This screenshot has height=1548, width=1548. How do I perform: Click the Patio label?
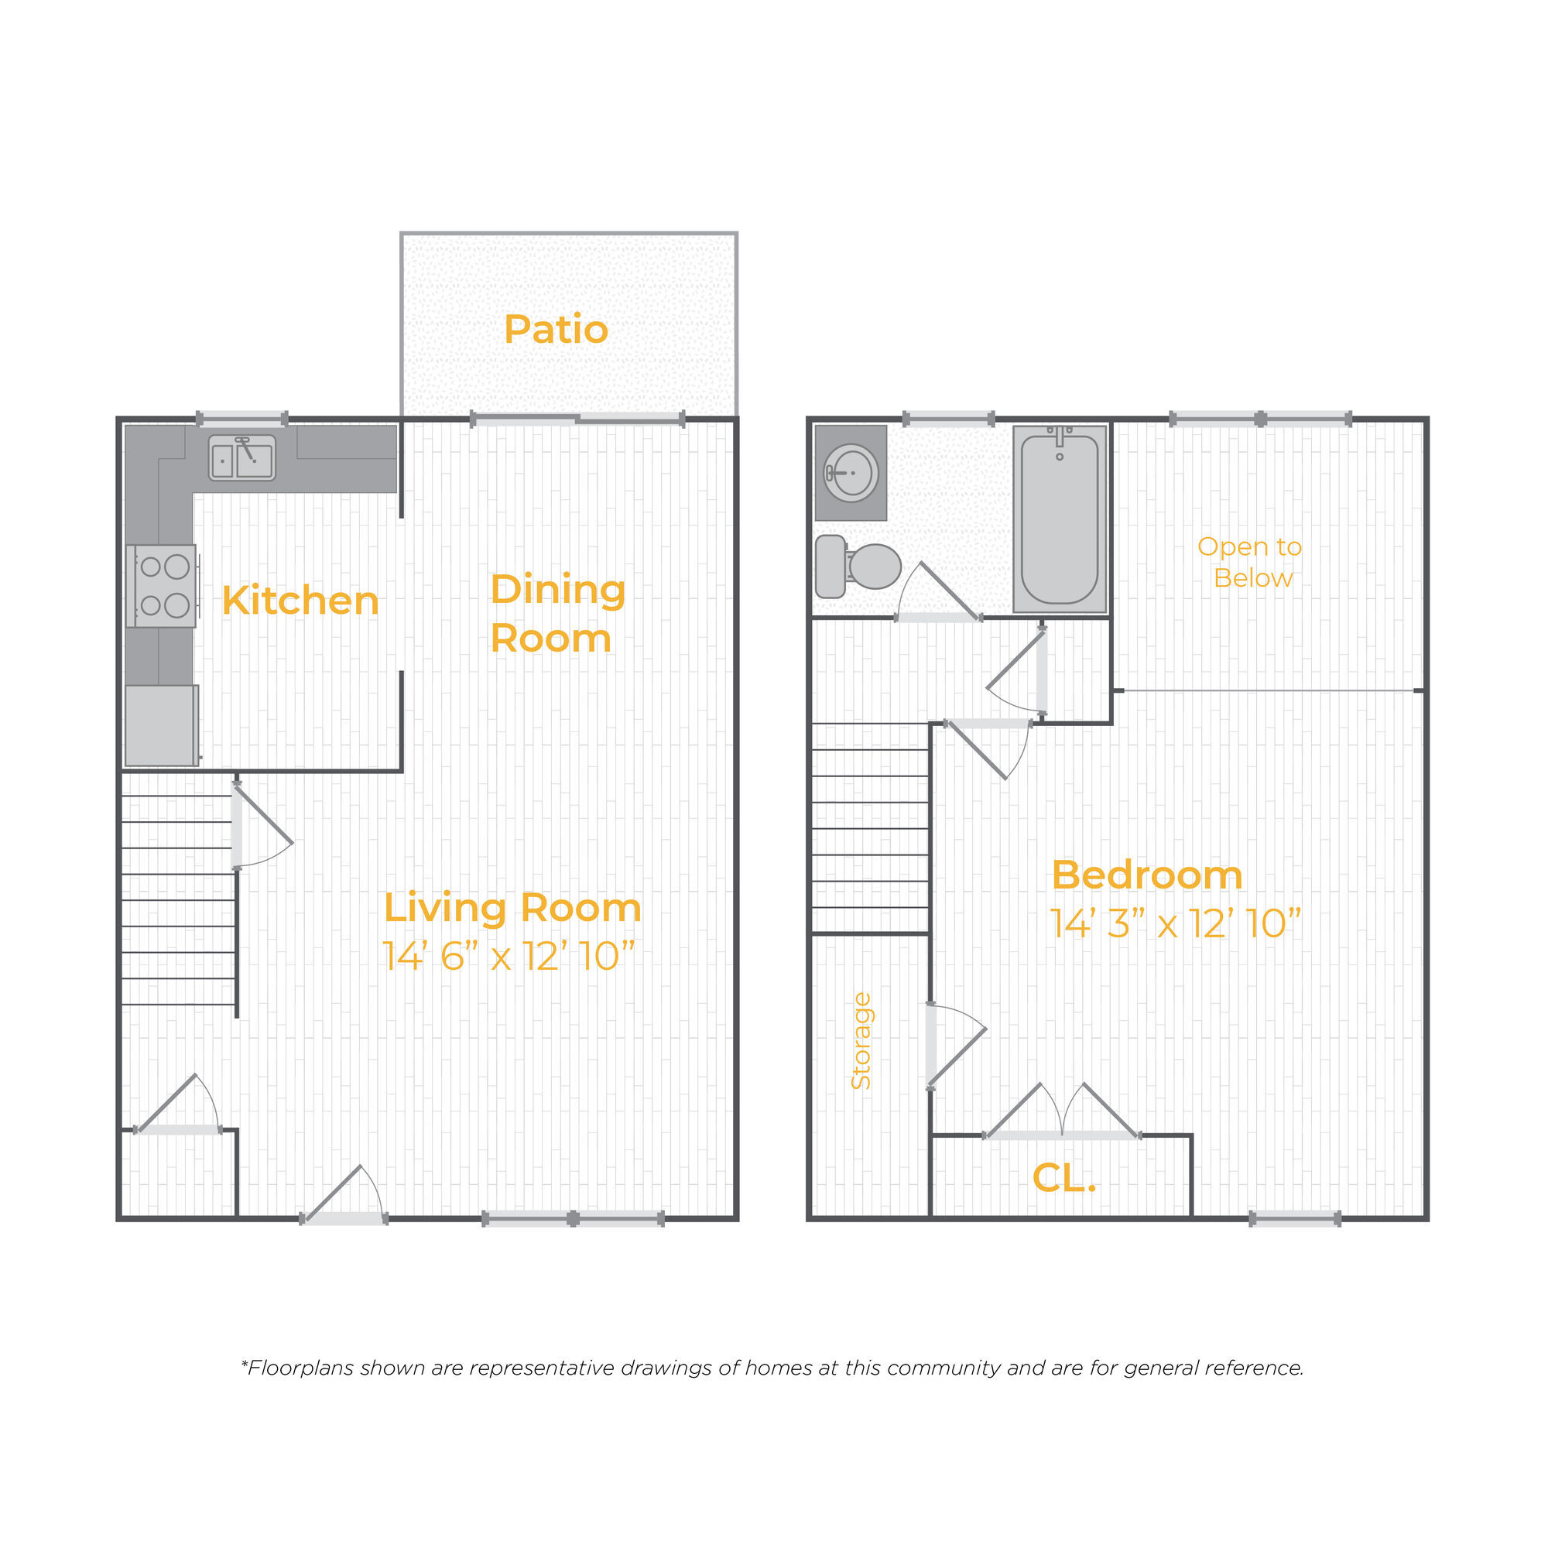(556, 329)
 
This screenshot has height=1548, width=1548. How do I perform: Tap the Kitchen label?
(300, 600)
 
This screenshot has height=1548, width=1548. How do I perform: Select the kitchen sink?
(242, 458)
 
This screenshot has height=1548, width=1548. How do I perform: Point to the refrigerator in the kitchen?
(162, 725)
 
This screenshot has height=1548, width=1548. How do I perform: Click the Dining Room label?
(557, 613)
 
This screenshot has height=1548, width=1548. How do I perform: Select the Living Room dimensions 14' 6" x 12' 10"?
(509, 955)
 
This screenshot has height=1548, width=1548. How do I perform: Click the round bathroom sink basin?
(851, 473)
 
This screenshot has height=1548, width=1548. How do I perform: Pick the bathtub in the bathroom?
(1060, 519)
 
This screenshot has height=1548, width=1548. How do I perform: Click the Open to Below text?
(1250, 562)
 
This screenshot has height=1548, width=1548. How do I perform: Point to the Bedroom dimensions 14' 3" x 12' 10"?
(1176, 923)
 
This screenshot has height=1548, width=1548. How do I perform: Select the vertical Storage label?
(861, 1041)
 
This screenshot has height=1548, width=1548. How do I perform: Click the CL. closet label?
(1064, 1177)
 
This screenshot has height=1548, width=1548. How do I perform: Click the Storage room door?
(957, 1046)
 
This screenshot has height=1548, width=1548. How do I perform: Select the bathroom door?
(938, 592)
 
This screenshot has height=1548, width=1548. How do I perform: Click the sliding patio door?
(577, 418)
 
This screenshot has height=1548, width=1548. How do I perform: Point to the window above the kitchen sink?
(242, 418)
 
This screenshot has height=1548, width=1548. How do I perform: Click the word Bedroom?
(1146, 875)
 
